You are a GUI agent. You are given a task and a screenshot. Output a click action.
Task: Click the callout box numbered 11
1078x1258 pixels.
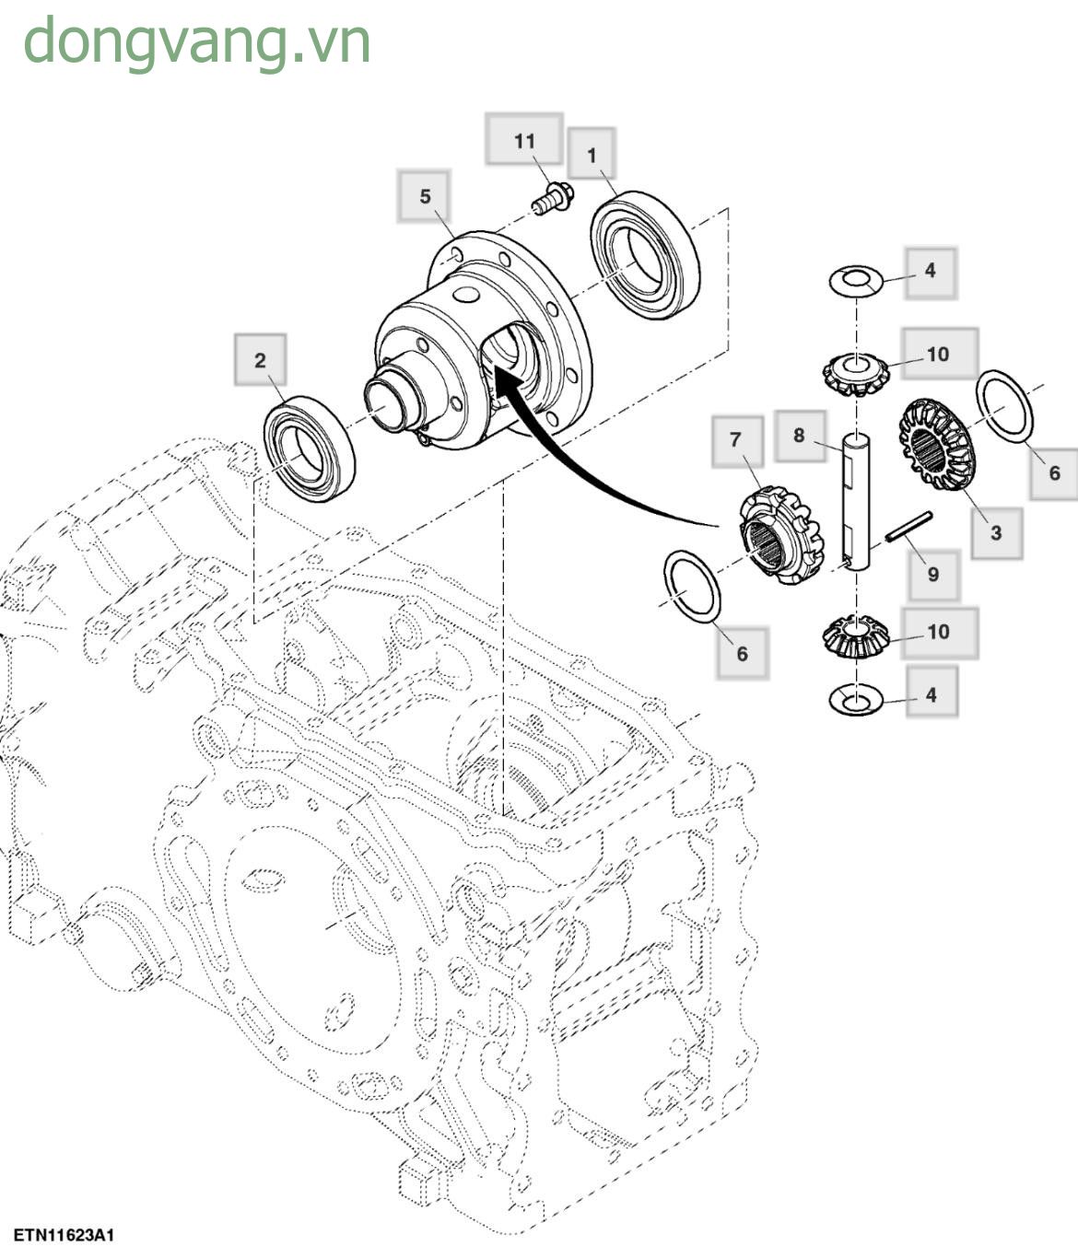pyautogui.click(x=524, y=140)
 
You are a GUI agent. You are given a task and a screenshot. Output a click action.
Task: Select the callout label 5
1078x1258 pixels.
pyautogui.click(x=425, y=196)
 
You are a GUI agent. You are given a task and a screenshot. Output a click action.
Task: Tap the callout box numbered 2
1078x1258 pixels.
pyautogui.click(x=260, y=360)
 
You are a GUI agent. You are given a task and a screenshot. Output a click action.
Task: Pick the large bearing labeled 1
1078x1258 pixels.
pyautogui.click(x=644, y=255)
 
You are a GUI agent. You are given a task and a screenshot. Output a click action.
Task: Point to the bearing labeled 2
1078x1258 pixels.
pyautogui.click(x=309, y=448)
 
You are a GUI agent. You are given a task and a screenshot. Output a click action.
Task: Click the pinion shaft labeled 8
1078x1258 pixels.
pyautogui.click(x=856, y=503)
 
